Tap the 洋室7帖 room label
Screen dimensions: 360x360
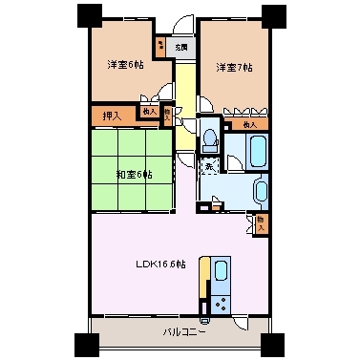pos(234,67)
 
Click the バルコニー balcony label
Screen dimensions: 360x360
pos(181,332)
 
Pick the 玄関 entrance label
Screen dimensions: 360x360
pos(181,45)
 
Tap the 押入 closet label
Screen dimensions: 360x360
pos(111,116)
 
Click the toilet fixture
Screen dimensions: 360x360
pos(209,141)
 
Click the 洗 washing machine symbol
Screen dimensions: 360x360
pos(209,168)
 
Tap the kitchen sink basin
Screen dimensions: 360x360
pos(221,270)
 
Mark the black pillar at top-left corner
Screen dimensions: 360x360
pos(88,15)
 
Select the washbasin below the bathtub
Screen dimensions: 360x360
pos(261,189)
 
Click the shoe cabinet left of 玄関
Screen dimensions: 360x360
pos(160,45)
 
